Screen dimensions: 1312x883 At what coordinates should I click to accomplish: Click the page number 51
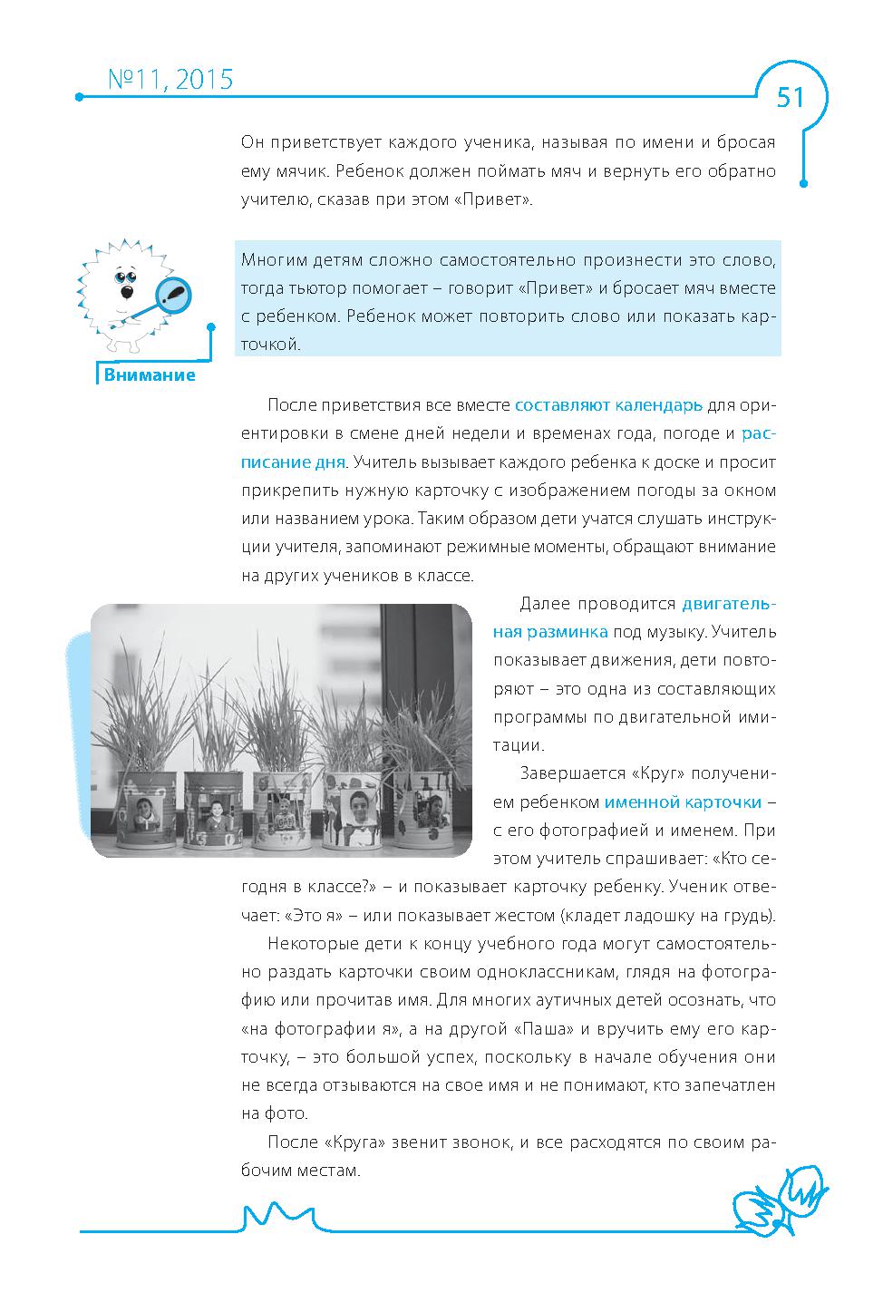pyautogui.click(x=791, y=97)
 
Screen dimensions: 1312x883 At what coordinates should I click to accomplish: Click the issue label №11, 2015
pyautogui.click(x=170, y=80)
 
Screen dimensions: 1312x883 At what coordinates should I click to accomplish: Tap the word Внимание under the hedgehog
pyautogui.click(x=150, y=375)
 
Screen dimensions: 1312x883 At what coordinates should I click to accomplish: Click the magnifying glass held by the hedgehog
pyautogui.click(x=174, y=294)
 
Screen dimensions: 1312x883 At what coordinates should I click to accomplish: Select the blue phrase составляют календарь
pyautogui.click(x=608, y=404)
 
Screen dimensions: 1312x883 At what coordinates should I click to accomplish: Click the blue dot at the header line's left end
pyautogui.click(x=80, y=97)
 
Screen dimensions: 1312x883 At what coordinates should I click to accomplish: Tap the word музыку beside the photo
pyautogui.click(x=671, y=631)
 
